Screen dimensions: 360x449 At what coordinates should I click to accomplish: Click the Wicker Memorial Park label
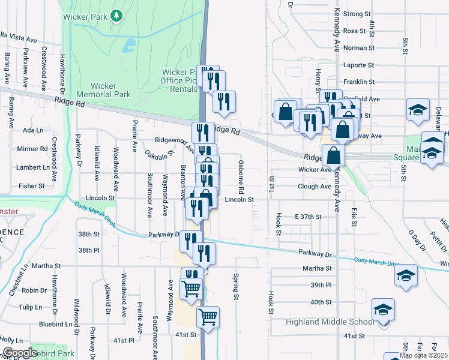click(x=103, y=90)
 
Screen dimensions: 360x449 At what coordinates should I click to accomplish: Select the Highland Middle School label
click(x=329, y=322)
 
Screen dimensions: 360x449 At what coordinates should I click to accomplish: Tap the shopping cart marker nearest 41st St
click(x=208, y=317)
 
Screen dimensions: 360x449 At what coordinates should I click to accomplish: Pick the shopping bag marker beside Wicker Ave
click(x=333, y=157)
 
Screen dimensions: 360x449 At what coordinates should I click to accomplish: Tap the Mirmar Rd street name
click(x=33, y=149)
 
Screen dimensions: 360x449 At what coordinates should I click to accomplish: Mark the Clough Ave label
click(x=315, y=187)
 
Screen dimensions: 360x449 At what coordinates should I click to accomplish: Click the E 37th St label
click(x=309, y=216)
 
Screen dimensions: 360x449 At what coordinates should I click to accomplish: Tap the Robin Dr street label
click(x=34, y=290)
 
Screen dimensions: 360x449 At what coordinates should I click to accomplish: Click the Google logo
click(x=19, y=353)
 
